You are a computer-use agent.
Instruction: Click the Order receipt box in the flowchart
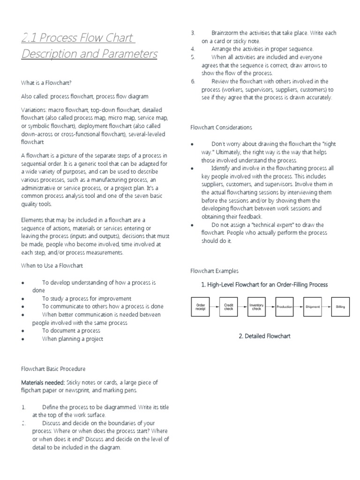(x=200, y=307)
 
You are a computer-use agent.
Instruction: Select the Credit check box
(x=229, y=307)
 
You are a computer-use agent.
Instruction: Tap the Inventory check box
(x=256, y=307)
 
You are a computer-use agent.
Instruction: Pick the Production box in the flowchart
(x=285, y=307)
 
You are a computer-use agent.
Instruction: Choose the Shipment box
(x=313, y=307)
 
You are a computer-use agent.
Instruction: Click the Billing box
(x=340, y=307)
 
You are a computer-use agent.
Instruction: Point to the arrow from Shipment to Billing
(x=327, y=307)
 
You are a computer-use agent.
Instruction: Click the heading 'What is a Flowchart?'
(x=46, y=83)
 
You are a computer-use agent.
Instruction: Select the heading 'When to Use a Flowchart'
(x=52, y=266)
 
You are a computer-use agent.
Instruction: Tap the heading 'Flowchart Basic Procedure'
(x=53, y=369)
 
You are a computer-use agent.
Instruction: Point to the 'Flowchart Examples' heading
(x=214, y=271)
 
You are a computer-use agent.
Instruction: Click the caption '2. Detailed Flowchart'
(x=264, y=336)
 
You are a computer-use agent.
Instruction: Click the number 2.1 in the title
(x=30, y=37)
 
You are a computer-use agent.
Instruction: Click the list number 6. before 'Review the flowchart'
(x=193, y=82)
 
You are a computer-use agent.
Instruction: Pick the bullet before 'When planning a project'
(x=23, y=339)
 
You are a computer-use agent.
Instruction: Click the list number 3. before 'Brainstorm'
(x=193, y=33)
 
